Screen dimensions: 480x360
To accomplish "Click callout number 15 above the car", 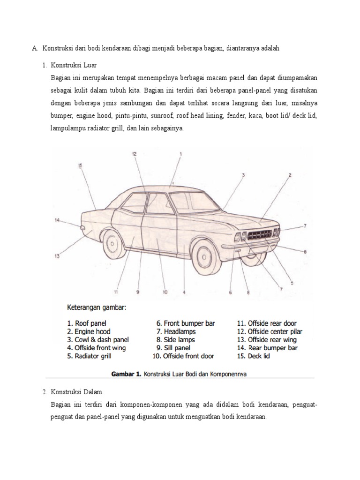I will pyautogui.click(x=80, y=165).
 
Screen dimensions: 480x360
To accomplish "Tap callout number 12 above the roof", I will pyautogui.click(x=134, y=153).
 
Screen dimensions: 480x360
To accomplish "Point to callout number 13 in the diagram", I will pyautogui.click(x=57, y=256).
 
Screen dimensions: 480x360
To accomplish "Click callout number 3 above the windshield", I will pyautogui.click(x=243, y=175).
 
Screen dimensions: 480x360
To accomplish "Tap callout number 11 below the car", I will pyautogui.click(x=115, y=292).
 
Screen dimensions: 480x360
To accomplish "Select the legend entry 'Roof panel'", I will pyautogui.click(x=86, y=323).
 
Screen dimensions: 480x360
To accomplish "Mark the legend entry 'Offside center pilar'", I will pyautogui.click(x=269, y=331).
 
